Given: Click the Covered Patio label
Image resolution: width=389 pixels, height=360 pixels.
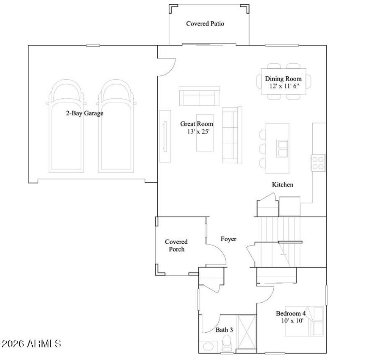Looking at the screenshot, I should [x=205, y=24].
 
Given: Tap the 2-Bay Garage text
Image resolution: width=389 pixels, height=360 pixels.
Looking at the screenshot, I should [x=84, y=113].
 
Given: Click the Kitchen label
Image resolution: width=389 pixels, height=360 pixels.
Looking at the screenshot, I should [x=282, y=185].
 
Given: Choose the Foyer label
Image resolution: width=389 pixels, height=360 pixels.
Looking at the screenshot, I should [x=228, y=239].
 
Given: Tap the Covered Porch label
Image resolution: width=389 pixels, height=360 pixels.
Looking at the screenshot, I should [x=176, y=245].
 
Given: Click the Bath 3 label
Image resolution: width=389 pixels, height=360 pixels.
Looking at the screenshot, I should [x=224, y=330].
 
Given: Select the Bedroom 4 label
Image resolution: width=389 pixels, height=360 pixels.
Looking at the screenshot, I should [x=291, y=313].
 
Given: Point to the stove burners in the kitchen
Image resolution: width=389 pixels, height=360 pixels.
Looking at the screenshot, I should [x=318, y=163].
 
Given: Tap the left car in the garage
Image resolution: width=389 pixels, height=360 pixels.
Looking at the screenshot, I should [x=67, y=129].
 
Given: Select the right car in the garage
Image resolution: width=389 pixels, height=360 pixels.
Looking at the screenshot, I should [x=117, y=129].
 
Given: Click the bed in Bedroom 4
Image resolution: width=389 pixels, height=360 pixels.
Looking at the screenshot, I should [x=305, y=321].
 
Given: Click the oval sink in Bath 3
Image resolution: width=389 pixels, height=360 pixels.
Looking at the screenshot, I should [x=208, y=347].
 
